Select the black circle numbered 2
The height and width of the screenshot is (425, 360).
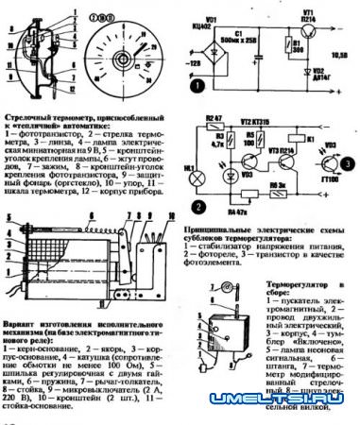tap(196, 203)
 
